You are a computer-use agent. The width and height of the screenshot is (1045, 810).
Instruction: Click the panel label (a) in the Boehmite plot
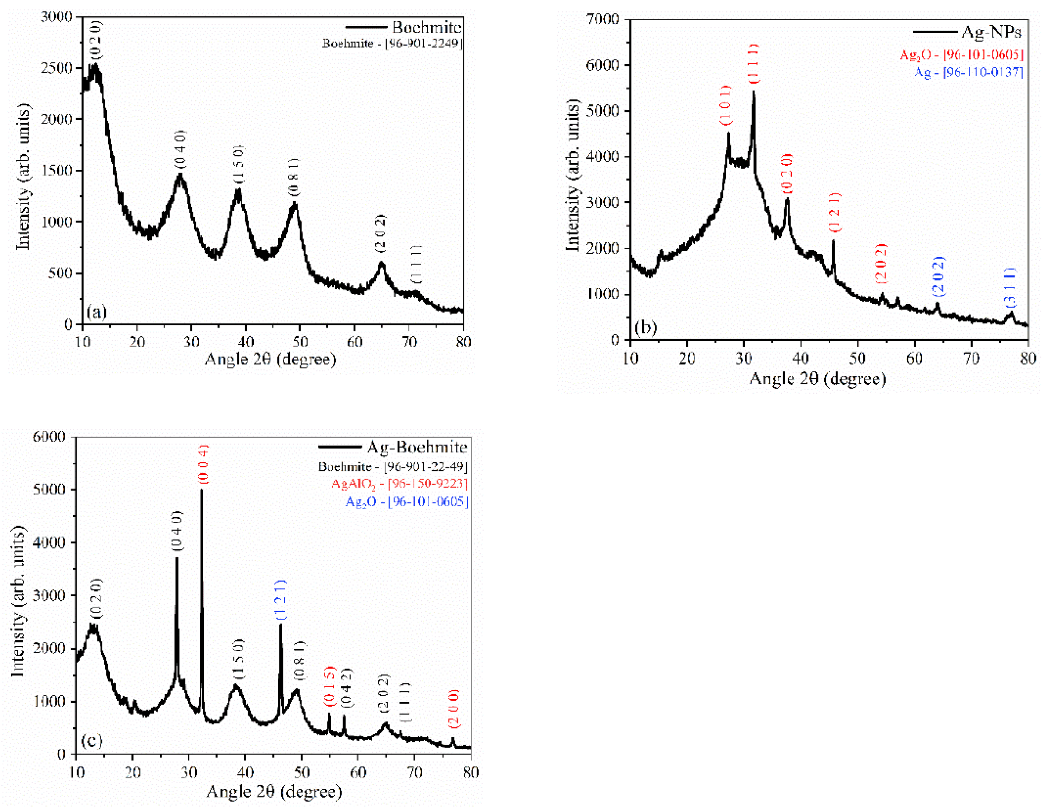click(96, 312)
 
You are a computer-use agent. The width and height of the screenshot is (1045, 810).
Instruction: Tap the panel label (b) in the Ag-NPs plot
click(645, 327)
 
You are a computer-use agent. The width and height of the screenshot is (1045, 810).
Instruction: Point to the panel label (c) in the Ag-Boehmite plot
click(91, 740)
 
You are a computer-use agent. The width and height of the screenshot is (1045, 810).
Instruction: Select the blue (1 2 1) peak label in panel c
click(281, 599)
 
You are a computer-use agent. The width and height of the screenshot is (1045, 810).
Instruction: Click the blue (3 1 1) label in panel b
click(1009, 287)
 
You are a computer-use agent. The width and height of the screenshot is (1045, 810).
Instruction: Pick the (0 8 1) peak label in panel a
click(293, 177)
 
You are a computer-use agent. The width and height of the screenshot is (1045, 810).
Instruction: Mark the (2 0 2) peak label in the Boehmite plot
click(380, 233)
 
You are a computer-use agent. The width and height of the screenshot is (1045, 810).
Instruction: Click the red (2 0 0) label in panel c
click(454, 708)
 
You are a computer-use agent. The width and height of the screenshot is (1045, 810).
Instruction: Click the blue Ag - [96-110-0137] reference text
click(968, 72)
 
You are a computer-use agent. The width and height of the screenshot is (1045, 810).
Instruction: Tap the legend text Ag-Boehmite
click(417, 447)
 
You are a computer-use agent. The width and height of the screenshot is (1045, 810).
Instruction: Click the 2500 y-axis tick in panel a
click(56, 68)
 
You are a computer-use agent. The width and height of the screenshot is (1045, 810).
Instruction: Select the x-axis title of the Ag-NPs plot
click(817, 379)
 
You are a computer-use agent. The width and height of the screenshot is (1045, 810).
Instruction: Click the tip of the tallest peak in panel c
click(202, 490)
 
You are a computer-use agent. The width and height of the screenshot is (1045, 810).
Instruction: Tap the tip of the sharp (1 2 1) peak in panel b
click(833, 241)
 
